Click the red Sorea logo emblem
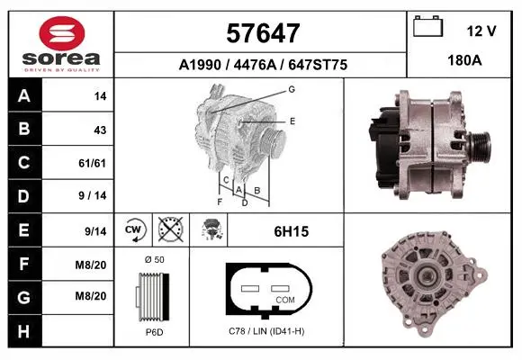62,33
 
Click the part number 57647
263,33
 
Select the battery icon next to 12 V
427,26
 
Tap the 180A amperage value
464,60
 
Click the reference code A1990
200,65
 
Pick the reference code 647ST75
318,65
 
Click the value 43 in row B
100,130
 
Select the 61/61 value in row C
92,163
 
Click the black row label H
24,330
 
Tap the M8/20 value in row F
91,265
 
